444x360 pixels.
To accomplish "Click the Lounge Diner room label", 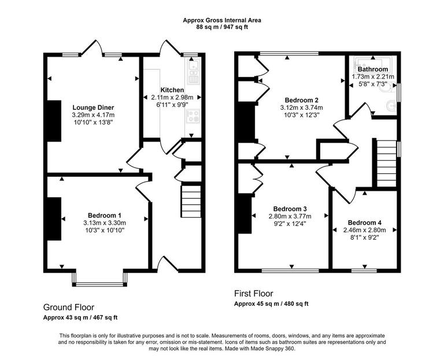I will tap(92, 107).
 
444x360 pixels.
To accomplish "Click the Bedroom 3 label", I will tap(290, 209).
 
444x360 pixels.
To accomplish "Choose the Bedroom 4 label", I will tap(364, 222).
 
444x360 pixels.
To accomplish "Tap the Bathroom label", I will tap(372, 69).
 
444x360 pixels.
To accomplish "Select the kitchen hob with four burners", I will tap(193, 116).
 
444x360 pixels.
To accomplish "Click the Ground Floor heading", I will tap(69, 307).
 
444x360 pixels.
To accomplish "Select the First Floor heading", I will tap(253, 294).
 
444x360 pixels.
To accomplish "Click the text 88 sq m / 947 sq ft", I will tap(222, 27).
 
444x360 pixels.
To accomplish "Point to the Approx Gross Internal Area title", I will tap(222, 20).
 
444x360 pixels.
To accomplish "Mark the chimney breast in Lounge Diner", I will tap(54, 121).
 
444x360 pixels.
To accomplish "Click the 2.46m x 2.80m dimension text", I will tap(364, 229).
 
